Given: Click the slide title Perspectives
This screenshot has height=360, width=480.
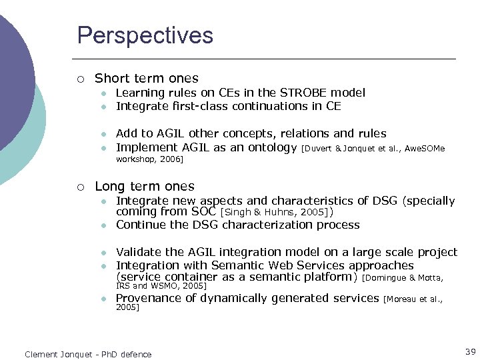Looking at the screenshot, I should pos(145,35).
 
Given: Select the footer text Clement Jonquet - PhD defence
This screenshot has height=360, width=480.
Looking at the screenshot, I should pos(88,354).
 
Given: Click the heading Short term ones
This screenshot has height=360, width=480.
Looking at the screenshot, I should pos(146,78).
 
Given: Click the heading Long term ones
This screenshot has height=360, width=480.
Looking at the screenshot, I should pos(145,186).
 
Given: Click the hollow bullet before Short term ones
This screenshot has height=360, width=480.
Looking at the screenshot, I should pos(80,79).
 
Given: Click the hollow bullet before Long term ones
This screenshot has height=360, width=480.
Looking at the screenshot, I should pos(80,187).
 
